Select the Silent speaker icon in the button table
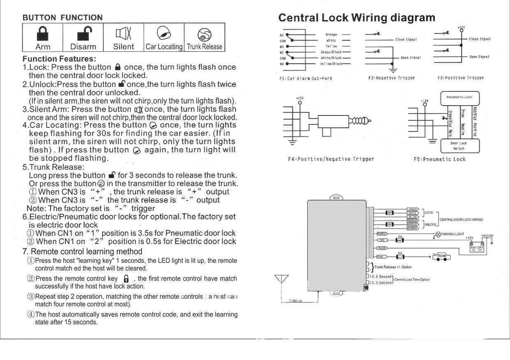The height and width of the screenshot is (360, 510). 123,32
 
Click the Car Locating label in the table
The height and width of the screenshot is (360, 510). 164,46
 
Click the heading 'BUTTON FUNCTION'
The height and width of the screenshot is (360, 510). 63,17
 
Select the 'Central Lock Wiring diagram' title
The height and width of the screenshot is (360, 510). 357,18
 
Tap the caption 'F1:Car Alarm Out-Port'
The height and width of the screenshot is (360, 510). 305,78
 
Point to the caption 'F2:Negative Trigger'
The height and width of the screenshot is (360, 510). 391,78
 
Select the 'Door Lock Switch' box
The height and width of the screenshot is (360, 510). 459,146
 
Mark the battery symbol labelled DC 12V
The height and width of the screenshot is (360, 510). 478,248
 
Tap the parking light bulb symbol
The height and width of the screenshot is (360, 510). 438,234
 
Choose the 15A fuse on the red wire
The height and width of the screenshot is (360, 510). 399,240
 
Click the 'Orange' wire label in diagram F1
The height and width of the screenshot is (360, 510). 331,35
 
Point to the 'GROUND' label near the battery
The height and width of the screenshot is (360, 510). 487,236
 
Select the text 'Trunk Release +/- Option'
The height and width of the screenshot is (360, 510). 393,267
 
